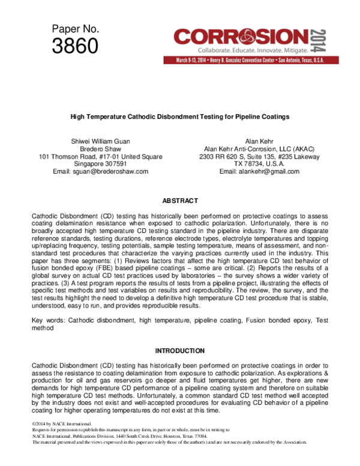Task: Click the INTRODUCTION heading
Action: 180,350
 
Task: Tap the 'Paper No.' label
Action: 75,28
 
